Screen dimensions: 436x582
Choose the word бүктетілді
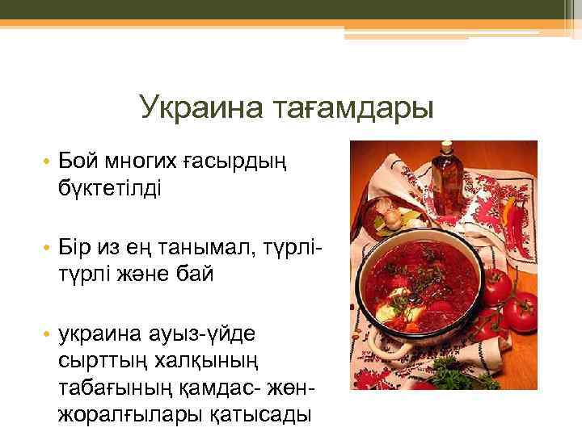[109, 190]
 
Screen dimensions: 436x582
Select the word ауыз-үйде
[203, 330]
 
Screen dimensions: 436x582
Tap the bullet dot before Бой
[48, 164]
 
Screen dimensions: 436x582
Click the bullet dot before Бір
[48, 247]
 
